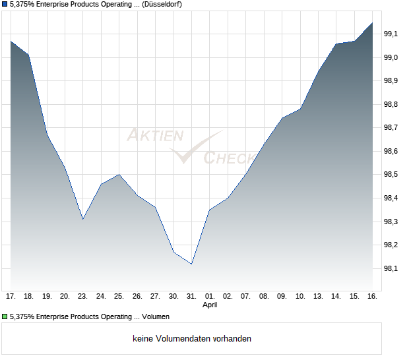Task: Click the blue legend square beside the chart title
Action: click(x=5, y=5)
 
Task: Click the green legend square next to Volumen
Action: click(x=5, y=316)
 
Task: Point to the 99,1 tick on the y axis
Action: click(x=391, y=34)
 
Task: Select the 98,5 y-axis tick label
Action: click(x=391, y=175)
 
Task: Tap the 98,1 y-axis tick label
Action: click(x=391, y=268)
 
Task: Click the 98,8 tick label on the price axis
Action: click(x=391, y=104)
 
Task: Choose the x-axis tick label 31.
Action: click(x=191, y=296)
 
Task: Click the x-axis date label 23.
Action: click(x=82, y=296)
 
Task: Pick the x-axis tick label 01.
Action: click(x=210, y=296)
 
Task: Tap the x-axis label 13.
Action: click(x=319, y=296)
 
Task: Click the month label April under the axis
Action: click(x=210, y=305)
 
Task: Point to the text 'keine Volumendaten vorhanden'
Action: click(x=192, y=339)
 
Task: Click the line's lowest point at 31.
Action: click(x=191, y=264)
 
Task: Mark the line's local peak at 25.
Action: click(x=119, y=175)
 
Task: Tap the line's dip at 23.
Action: click(x=82, y=219)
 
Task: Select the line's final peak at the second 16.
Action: click(x=373, y=22)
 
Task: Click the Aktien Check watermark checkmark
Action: click(x=191, y=148)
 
